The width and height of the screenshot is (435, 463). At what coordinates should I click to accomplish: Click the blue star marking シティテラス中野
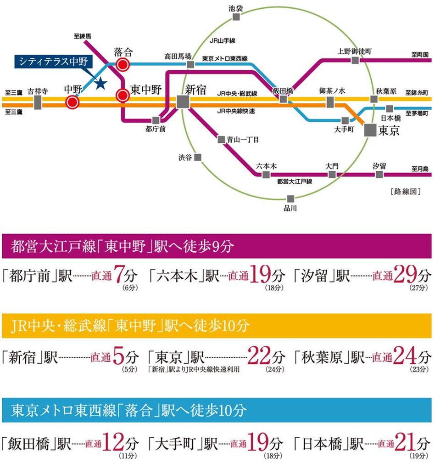click(x=100, y=83)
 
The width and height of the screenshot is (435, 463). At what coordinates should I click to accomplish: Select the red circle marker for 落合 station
click(x=123, y=65)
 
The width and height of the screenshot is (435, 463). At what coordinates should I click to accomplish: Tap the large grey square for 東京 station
click(x=370, y=130)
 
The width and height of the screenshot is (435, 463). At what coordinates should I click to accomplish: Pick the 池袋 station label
click(x=236, y=7)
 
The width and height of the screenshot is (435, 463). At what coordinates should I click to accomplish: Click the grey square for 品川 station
click(x=290, y=198)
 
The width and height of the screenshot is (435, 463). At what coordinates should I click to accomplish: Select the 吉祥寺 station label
click(x=38, y=90)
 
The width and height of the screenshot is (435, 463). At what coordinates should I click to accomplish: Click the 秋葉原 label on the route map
click(x=385, y=91)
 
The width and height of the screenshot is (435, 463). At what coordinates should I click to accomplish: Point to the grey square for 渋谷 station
click(x=198, y=157)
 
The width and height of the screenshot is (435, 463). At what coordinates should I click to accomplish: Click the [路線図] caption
click(x=404, y=192)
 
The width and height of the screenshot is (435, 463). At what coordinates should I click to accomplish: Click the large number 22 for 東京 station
click(x=258, y=355)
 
